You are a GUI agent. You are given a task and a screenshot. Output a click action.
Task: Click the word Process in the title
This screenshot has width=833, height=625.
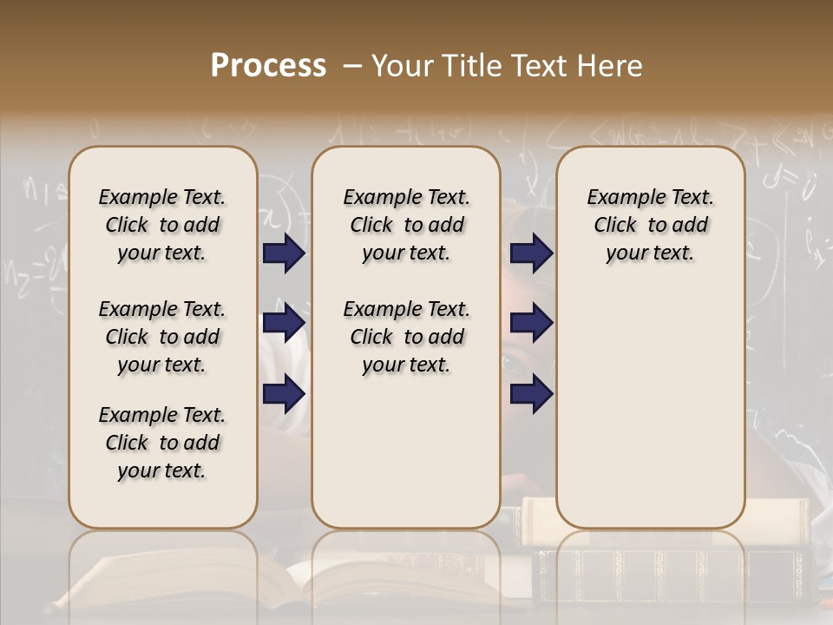[x=268, y=66]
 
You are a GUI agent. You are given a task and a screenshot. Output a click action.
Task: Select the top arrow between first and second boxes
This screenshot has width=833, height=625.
[x=284, y=253]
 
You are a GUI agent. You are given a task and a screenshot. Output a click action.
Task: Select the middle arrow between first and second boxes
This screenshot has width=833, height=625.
[x=284, y=324]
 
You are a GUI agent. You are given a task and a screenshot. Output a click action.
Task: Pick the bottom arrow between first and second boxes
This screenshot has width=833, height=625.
[x=284, y=394]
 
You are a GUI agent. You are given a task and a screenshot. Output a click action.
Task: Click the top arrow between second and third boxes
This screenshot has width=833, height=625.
[x=531, y=253]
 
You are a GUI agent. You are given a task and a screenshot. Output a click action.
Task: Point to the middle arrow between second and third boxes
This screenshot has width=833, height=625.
[x=531, y=324]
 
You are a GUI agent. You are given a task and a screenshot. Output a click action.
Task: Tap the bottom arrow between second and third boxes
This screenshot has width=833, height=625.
[x=531, y=394]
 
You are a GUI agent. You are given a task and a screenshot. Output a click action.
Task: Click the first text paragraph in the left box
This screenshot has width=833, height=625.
[x=162, y=225]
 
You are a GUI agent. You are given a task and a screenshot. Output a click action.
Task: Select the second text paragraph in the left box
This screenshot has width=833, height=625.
[x=162, y=337]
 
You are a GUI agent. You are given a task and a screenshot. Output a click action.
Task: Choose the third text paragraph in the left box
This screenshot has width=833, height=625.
[x=162, y=443]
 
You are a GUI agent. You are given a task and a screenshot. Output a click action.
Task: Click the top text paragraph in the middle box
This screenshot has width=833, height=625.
[x=406, y=225]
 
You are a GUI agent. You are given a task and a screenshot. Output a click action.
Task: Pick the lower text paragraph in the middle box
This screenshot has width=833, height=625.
[x=406, y=337]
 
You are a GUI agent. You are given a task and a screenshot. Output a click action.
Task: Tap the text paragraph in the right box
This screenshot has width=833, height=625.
[x=650, y=225]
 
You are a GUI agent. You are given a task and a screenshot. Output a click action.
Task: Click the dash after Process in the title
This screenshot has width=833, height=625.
[x=352, y=66]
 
